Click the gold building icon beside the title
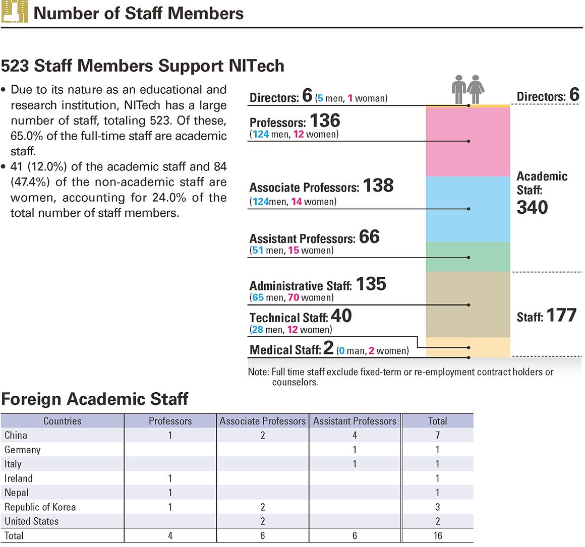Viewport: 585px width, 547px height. pyautogui.click(x=14, y=11)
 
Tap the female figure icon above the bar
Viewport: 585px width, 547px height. pyautogui.click(x=475, y=90)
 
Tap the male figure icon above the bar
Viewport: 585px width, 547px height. pyautogui.click(x=458, y=90)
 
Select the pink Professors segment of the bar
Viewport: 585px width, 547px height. pyautogui.click(x=468, y=142)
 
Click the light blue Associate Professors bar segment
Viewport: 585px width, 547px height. pyautogui.click(x=468, y=209)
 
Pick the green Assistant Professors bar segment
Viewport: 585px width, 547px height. pyautogui.click(x=468, y=257)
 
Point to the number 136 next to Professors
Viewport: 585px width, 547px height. pyautogui.click(x=325, y=121)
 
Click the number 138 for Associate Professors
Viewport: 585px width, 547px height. pyautogui.click(x=378, y=186)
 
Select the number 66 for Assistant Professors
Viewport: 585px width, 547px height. pyautogui.click(x=369, y=237)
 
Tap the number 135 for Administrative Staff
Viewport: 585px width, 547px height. pyautogui.click(x=371, y=284)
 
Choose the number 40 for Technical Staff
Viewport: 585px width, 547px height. pyautogui.click(x=341, y=316)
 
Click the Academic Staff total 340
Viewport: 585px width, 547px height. pyautogui.click(x=532, y=207)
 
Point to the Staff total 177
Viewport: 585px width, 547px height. pyautogui.click(x=562, y=316)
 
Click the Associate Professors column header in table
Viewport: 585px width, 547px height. pyautogui.click(x=263, y=421)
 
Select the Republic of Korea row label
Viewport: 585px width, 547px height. pyautogui.click(x=40, y=507)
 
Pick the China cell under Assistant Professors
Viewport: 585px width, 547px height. pyautogui.click(x=355, y=435)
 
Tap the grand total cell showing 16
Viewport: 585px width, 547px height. pyautogui.click(x=438, y=536)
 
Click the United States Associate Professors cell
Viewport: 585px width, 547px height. pyautogui.click(x=263, y=521)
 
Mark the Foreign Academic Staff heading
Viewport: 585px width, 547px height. pyautogui.click(x=95, y=399)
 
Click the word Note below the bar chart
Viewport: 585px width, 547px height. pyautogui.click(x=258, y=372)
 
